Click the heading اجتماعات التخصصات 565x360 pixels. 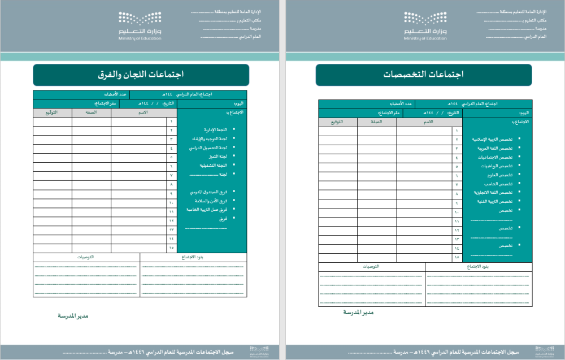pyautogui.click(x=423, y=75)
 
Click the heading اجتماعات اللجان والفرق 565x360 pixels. pyautogui.click(x=141, y=75)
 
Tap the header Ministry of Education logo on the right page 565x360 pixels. pyautogui.click(x=425, y=26)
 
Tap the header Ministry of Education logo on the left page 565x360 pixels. pyautogui.click(x=140, y=26)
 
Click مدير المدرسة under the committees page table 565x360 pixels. pyautogui.click(x=73, y=316)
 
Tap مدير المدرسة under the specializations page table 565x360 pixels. pyautogui.click(x=358, y=313)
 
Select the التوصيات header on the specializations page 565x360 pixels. pyautogui.click(x=371, y=267)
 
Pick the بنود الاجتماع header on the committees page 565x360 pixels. pyautogui.click(x=194, y=257)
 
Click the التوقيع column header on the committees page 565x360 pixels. pyautogui.click(x=52, y=112)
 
